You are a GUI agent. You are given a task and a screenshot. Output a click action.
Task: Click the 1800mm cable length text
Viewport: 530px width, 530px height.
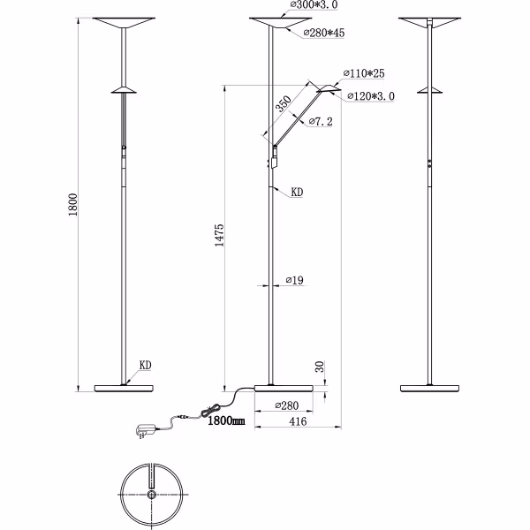click(x=227, y=422)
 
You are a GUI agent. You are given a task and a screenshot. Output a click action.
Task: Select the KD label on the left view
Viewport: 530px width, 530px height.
click(x=147, y=364)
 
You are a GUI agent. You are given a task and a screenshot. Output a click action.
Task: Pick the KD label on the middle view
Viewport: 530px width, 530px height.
click(x=297, y=190)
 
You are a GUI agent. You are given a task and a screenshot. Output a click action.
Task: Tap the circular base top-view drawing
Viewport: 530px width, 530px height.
click(x=151, y=496)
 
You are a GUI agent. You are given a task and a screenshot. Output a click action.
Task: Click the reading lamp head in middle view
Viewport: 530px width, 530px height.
click(x=328, y=88)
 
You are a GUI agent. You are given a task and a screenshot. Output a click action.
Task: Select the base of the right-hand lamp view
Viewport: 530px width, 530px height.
click(x=431, y=387)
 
